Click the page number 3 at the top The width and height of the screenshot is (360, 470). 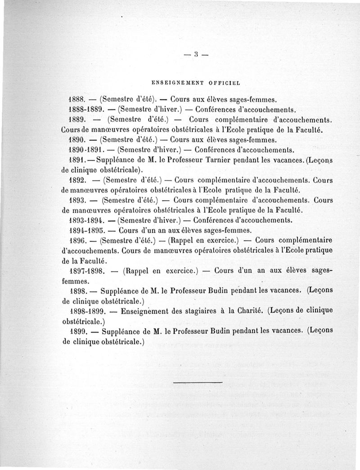pyautogui.click(x=197, y=55)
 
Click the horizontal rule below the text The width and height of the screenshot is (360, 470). pyautogui.click(x=198, y=383)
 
